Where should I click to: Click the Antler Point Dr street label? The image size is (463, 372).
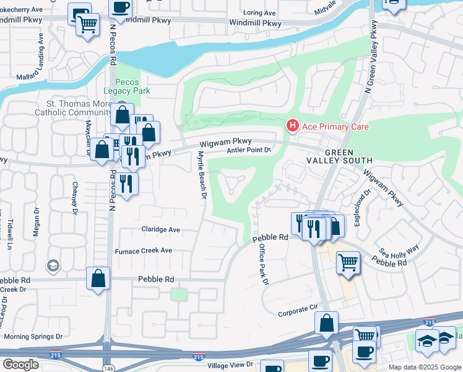click(249, 150)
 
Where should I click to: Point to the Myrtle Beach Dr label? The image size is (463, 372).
click(201, 175)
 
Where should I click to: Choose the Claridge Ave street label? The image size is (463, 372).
click(160, 229)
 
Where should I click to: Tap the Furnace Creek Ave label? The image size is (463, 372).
click(144, 251)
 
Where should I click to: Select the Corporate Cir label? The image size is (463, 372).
click(301, 314)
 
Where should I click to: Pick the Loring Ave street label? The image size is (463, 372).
click(259, 12)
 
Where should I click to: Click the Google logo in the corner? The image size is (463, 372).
click(20, 365)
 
